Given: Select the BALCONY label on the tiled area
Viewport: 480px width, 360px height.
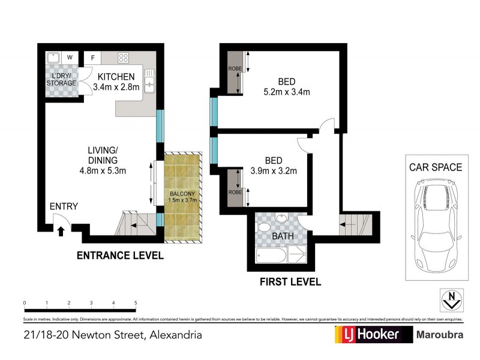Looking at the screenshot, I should click(x=182, y=194).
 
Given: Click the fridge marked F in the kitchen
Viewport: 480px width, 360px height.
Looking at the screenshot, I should click(x=92, y=58).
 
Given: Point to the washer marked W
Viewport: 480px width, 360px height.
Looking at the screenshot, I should click(x=70, y=58).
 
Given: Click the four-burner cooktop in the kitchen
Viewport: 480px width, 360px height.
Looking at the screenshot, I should click(x=124, y=58).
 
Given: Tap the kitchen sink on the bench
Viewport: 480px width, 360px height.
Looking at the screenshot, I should click(x=149, y=79).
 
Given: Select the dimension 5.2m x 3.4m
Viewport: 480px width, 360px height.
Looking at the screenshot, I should click(x=286, y=92).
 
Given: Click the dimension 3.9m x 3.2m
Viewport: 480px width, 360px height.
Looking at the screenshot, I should click(x=274, y=171).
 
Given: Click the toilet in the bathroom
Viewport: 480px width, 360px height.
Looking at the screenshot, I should click(x=262, y=229).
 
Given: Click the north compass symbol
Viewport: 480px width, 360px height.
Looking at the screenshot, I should click(x=452, y=298).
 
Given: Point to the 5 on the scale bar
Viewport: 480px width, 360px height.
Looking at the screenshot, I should click(x=136, y=303).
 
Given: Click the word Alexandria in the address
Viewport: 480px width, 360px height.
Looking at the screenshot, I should click(x=175, y=335).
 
